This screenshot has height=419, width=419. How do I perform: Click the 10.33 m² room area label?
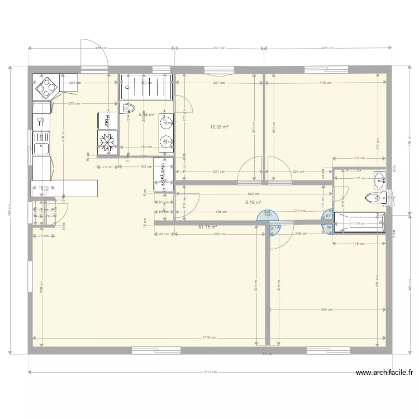click(220, 127)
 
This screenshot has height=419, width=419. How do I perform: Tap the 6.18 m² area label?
click(253, 203)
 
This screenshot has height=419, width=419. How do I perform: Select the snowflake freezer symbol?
click(107, 142)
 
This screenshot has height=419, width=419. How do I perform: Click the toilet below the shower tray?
click(128, 108)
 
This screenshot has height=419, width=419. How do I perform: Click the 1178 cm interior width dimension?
click(209, 337)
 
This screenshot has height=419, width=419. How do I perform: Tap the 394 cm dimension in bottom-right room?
click(326, 309)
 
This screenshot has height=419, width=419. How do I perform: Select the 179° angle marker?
click(268, 215)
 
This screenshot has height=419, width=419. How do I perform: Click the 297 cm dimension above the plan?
click(218, 49)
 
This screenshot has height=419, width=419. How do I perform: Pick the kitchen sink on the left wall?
click(41, 148)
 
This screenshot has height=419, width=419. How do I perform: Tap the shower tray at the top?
click(145, 87)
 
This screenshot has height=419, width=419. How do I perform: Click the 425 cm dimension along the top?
click(327, 49)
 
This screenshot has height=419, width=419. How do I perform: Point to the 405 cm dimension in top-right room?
click(326, 83)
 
